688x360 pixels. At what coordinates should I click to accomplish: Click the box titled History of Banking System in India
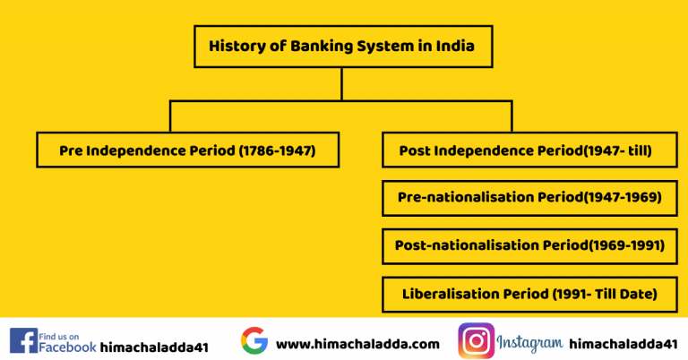tap(343, 46)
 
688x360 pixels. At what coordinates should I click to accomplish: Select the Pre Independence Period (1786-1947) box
tap(187, 150)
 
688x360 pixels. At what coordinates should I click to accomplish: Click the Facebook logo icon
tap(23, 340)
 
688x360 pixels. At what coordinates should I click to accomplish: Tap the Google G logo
tap(254, 341)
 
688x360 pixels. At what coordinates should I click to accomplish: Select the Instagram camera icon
tap(477, 341)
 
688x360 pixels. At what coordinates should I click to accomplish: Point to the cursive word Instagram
tap(529, 342)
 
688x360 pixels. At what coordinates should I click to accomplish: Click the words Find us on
tap(61, 333)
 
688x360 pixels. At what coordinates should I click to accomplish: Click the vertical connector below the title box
tap(342, 84)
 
